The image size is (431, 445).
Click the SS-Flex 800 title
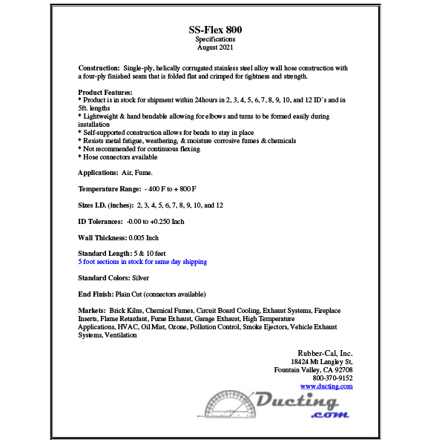[215, 30]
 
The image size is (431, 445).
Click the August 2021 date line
[215, 47]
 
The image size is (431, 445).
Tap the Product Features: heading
[105, 92]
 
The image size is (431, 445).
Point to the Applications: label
[99, 172]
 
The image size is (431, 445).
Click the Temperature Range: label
[110, 188]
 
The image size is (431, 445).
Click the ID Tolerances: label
[100, 221]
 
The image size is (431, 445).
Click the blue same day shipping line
[142, 262]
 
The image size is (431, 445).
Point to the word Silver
[139, 278]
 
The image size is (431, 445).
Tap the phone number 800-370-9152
[332, 378]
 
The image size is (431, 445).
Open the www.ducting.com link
[326, 386]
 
